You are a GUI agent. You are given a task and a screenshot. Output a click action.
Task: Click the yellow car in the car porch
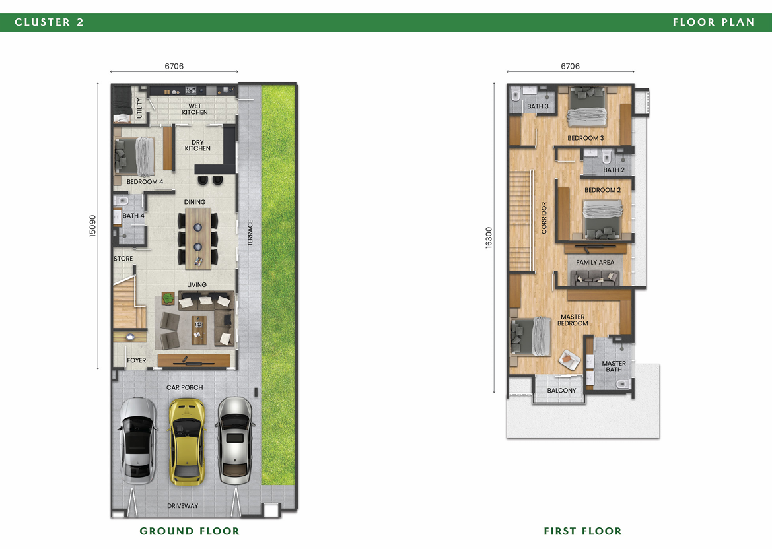(187, 441)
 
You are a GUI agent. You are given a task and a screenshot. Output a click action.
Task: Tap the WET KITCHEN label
(194, 110)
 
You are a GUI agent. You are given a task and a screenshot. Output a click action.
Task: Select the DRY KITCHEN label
(197, 145)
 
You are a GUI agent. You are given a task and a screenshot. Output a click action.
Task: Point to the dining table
(198, 239)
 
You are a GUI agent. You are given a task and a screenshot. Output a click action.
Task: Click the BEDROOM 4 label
(145, 182)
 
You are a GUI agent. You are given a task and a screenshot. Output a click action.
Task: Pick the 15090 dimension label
(92, 226)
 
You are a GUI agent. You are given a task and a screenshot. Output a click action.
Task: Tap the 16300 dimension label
(489, 238)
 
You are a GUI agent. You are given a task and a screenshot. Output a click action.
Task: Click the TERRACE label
(250, 233)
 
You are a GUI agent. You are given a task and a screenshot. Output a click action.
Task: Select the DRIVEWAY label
(183, 505)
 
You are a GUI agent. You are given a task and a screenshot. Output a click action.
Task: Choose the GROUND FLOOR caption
(190, 531)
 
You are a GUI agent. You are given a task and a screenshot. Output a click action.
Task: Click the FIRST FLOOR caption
(583, 531)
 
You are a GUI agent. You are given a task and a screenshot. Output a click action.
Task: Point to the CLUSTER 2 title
(50, 22)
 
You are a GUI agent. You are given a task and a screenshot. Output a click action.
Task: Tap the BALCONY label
(561, 391)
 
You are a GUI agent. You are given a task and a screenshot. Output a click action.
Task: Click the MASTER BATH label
(614, 366)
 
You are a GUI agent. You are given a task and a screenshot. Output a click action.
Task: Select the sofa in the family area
(595, 278)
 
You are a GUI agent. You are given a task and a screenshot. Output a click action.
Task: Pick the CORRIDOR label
(544, 218)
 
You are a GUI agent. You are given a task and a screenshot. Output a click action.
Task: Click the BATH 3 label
(538, 106)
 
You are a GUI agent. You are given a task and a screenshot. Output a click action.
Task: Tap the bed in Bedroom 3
(587, 108)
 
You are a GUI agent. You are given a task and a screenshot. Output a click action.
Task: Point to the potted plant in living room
(168, 298)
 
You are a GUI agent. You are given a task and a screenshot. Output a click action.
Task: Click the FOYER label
(137, 360)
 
